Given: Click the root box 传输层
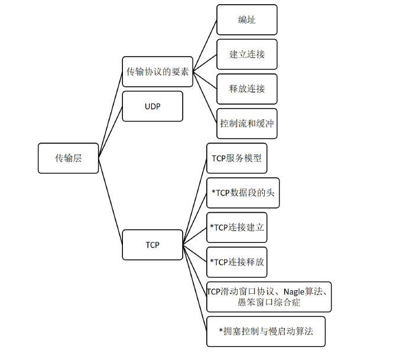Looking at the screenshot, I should tap(68, 158).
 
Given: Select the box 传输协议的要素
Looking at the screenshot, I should tap(157, 72).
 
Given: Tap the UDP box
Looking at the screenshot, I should tap(152, 106).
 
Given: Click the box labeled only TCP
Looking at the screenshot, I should tap(152, 244).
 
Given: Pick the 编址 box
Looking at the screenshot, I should tap(246, 20).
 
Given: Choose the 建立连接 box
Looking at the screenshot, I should tap(246, 54).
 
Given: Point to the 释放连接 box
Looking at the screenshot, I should tap(246, 89).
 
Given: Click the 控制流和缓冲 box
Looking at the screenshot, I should tap(246, 124).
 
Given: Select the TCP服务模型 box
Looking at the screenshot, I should tap(236, 158).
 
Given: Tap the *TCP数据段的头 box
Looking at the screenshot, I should tap(242, 193).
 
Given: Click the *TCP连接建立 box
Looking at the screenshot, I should tap(236, 227).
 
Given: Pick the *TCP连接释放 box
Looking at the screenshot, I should tap(236, 262).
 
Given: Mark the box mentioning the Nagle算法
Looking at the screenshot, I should tap(269, 297).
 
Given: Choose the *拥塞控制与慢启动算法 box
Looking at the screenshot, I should tap(266, 331).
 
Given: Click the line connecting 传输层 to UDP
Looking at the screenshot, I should tap(110, 132).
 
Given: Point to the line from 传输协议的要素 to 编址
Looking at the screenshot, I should tap(205, 46).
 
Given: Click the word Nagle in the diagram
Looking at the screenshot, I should tap(296, 291).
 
